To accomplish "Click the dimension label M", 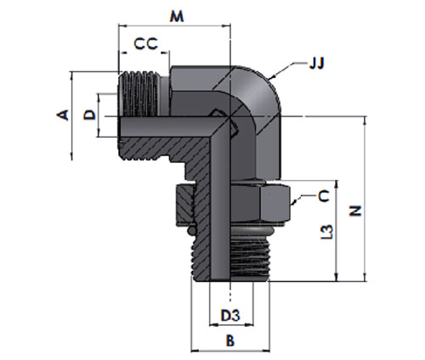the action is [177, 17].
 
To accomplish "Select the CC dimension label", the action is [145, 44].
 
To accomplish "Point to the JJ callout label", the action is [316, 64].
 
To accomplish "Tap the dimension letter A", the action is [63, 115].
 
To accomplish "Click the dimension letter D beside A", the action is [90, 115].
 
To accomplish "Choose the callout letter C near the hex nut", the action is [324, 196].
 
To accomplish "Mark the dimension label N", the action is [355, 211].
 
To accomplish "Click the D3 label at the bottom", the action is [230, 316].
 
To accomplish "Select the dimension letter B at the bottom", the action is [230, 340].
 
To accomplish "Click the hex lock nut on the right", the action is [261, 203].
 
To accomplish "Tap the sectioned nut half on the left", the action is [184, 203].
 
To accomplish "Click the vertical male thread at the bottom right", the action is [249, 257].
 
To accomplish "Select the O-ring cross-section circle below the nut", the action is [192, 230].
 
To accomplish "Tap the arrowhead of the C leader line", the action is [292, 204].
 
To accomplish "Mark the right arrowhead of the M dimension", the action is [230, 25].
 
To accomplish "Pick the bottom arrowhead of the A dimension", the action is [72, 160].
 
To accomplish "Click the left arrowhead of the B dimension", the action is [192, 351].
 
